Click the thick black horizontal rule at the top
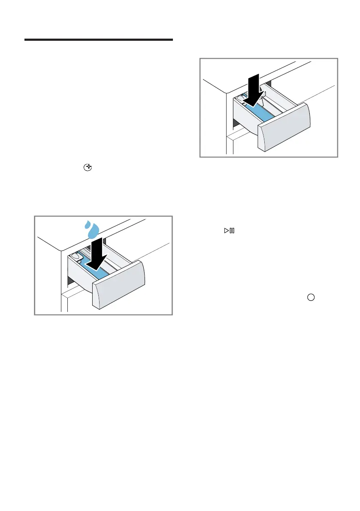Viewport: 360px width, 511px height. click(x=98, y=40)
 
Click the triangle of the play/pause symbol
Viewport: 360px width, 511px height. click(x=225, y=231)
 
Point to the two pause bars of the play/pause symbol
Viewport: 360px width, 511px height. click(x=232, y=231)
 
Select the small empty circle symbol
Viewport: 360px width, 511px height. click(x=311, y=296)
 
